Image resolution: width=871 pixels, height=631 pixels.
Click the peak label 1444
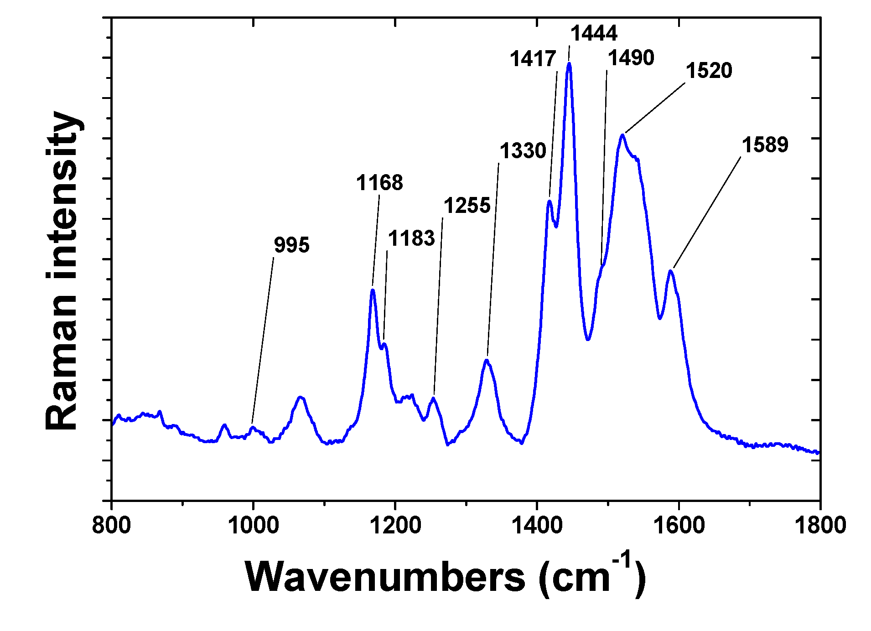pyautogui.click(x=594, y=33)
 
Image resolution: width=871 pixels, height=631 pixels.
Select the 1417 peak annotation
pyautogui.click(x=533, y=59)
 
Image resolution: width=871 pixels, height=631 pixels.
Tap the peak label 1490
pyautogui.click(x=631, y=58)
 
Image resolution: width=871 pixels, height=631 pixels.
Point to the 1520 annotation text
pyautogui.click(x=709, y=71)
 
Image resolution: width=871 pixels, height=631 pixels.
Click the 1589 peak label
pyautogui.click(x=765, y=145)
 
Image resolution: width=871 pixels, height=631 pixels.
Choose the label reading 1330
pyautogui.click(x=523, y=151)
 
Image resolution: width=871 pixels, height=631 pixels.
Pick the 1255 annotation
pyautogui.click(x=467, y=206)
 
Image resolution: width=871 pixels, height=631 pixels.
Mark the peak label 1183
pyautogui.click(x=411, y=238)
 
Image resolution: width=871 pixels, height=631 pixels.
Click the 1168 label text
pyautogui.click(x=379, y=183)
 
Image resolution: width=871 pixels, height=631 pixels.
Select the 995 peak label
pyautogui.click(x=291, y=245)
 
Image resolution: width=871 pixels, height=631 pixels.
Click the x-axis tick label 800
pyautogui.click(x=111, y=525)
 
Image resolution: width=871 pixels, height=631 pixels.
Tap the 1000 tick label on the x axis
pyautogui.click(x=253, y=525)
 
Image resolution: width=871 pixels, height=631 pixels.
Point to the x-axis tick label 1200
pyautogui.click(x=395, y=525)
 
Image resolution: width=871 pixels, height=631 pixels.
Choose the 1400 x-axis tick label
pyautogui.click(x=537, y=525)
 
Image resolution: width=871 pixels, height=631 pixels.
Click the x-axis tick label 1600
pyautogui.click(x=679, y=525)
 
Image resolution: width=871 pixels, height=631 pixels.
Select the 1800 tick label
pyautogui.click(x=820, y=525)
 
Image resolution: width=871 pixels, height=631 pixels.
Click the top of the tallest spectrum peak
pyautogui.click(x=569, y=64)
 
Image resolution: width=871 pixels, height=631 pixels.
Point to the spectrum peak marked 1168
pyautogui.click(x=373, y=290)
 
